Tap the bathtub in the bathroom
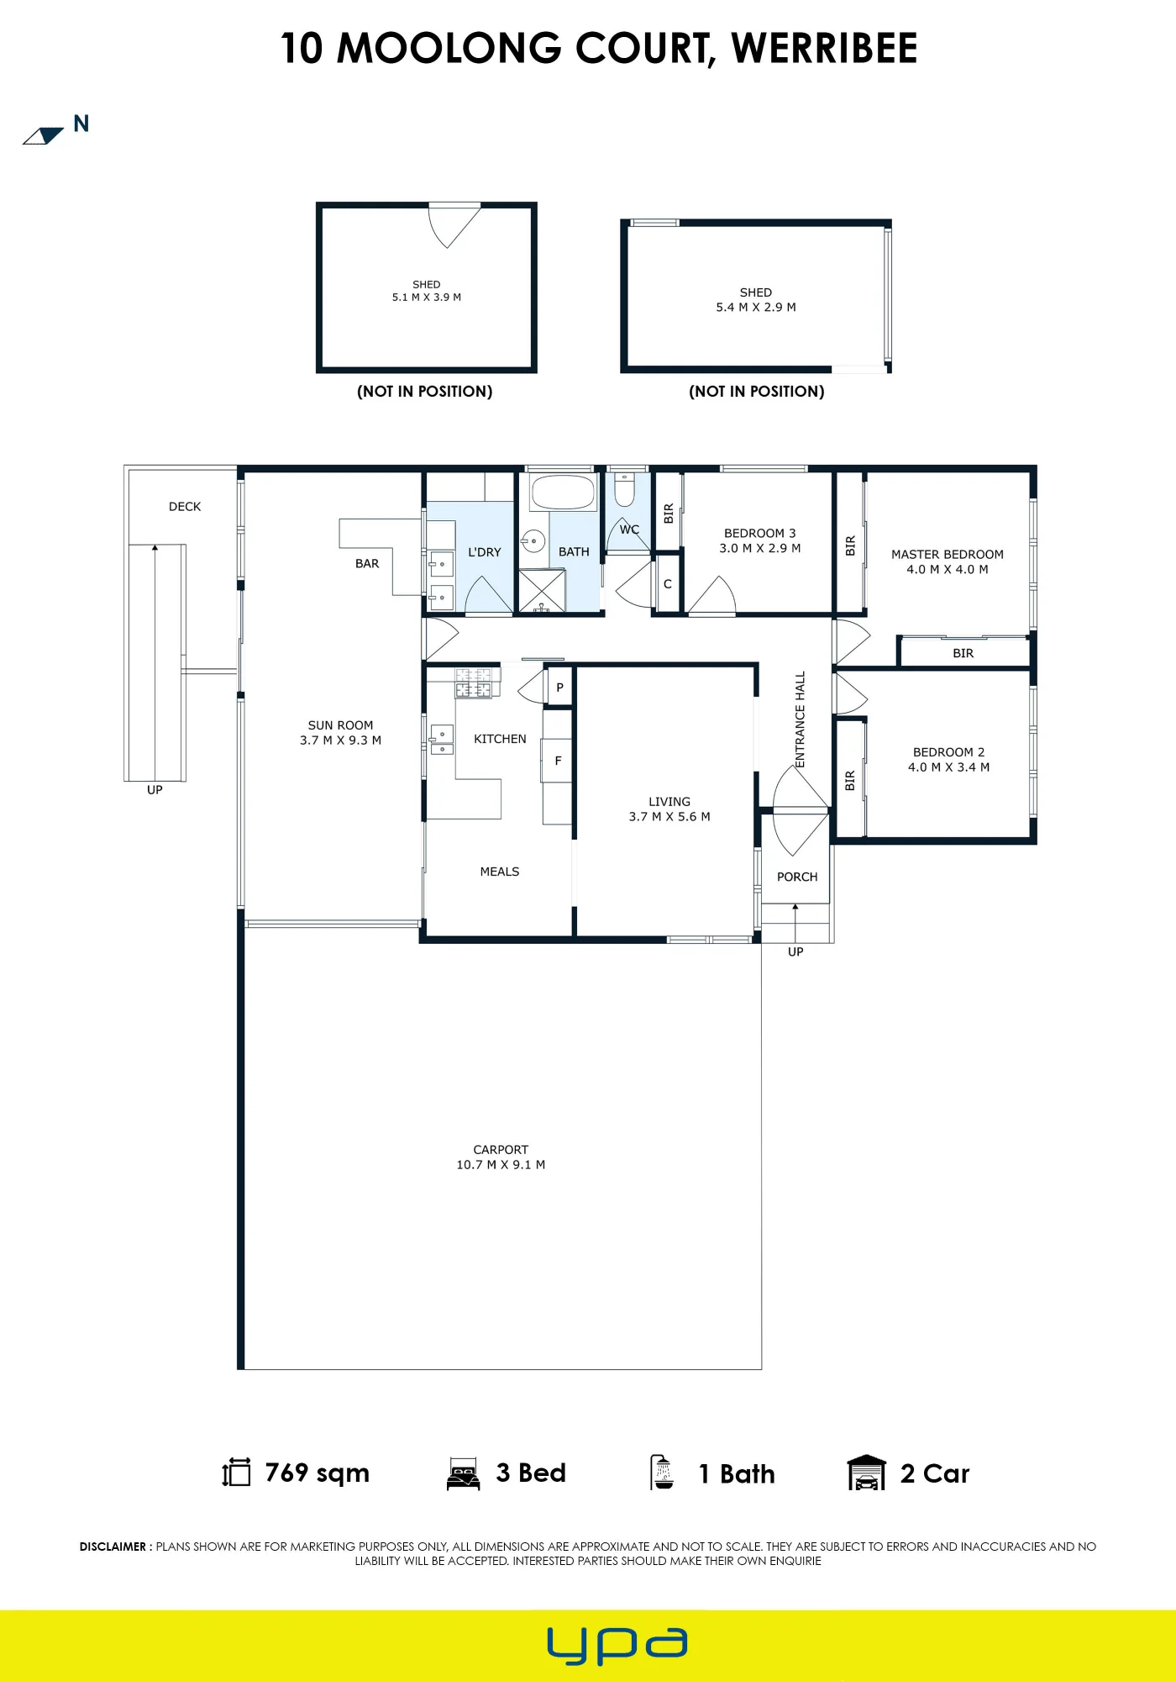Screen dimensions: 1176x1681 563,493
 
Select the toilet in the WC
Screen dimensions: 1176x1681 624,490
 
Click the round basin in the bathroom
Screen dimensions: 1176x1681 533,542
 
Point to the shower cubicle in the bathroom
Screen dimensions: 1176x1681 541,591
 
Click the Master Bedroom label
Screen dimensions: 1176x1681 947,555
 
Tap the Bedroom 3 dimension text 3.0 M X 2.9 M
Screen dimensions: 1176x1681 759,548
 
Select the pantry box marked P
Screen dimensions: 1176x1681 559,688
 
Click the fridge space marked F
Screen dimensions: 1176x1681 558,761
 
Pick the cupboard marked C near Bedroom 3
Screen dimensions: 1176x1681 667,583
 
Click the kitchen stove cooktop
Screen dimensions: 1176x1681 474,682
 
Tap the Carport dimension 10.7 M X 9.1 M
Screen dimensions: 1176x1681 501,1165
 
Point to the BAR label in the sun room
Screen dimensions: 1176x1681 367,564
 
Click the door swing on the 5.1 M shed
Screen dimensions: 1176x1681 454,225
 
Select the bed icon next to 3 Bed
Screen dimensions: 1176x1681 464,1473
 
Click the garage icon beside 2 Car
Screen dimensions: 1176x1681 867,1473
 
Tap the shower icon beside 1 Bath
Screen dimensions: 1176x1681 663,1473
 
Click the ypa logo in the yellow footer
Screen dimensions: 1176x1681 617,1646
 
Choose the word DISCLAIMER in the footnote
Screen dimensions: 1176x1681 113,1547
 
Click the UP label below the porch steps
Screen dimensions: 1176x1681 795,952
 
